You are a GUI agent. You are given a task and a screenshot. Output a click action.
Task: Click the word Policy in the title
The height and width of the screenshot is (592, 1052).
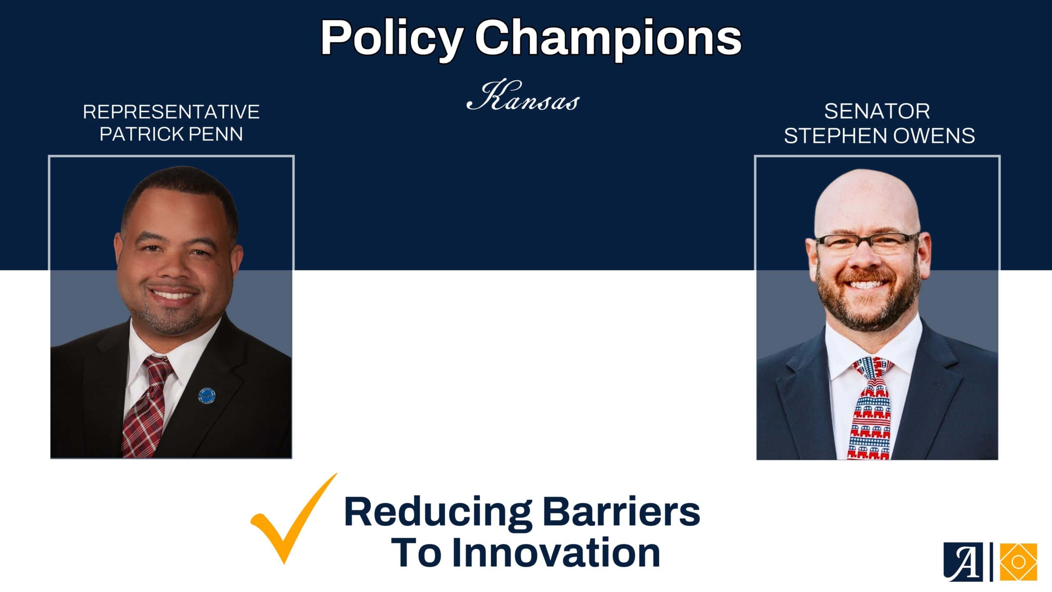(x=392, y=39)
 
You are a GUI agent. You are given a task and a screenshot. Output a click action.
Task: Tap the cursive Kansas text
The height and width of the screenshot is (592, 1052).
(x=523, y=97)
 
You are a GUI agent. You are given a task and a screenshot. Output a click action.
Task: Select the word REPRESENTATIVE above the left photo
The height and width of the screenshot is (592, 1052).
(x=171, y=112)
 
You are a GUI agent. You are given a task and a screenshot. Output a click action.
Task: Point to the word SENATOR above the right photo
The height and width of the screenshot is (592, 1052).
(x=877, y=111)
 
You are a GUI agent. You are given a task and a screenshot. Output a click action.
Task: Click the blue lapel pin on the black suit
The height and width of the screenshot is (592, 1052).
(x=208, y=395)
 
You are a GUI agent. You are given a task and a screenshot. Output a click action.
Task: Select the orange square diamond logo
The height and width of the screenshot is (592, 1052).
(x=1018, y=562)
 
